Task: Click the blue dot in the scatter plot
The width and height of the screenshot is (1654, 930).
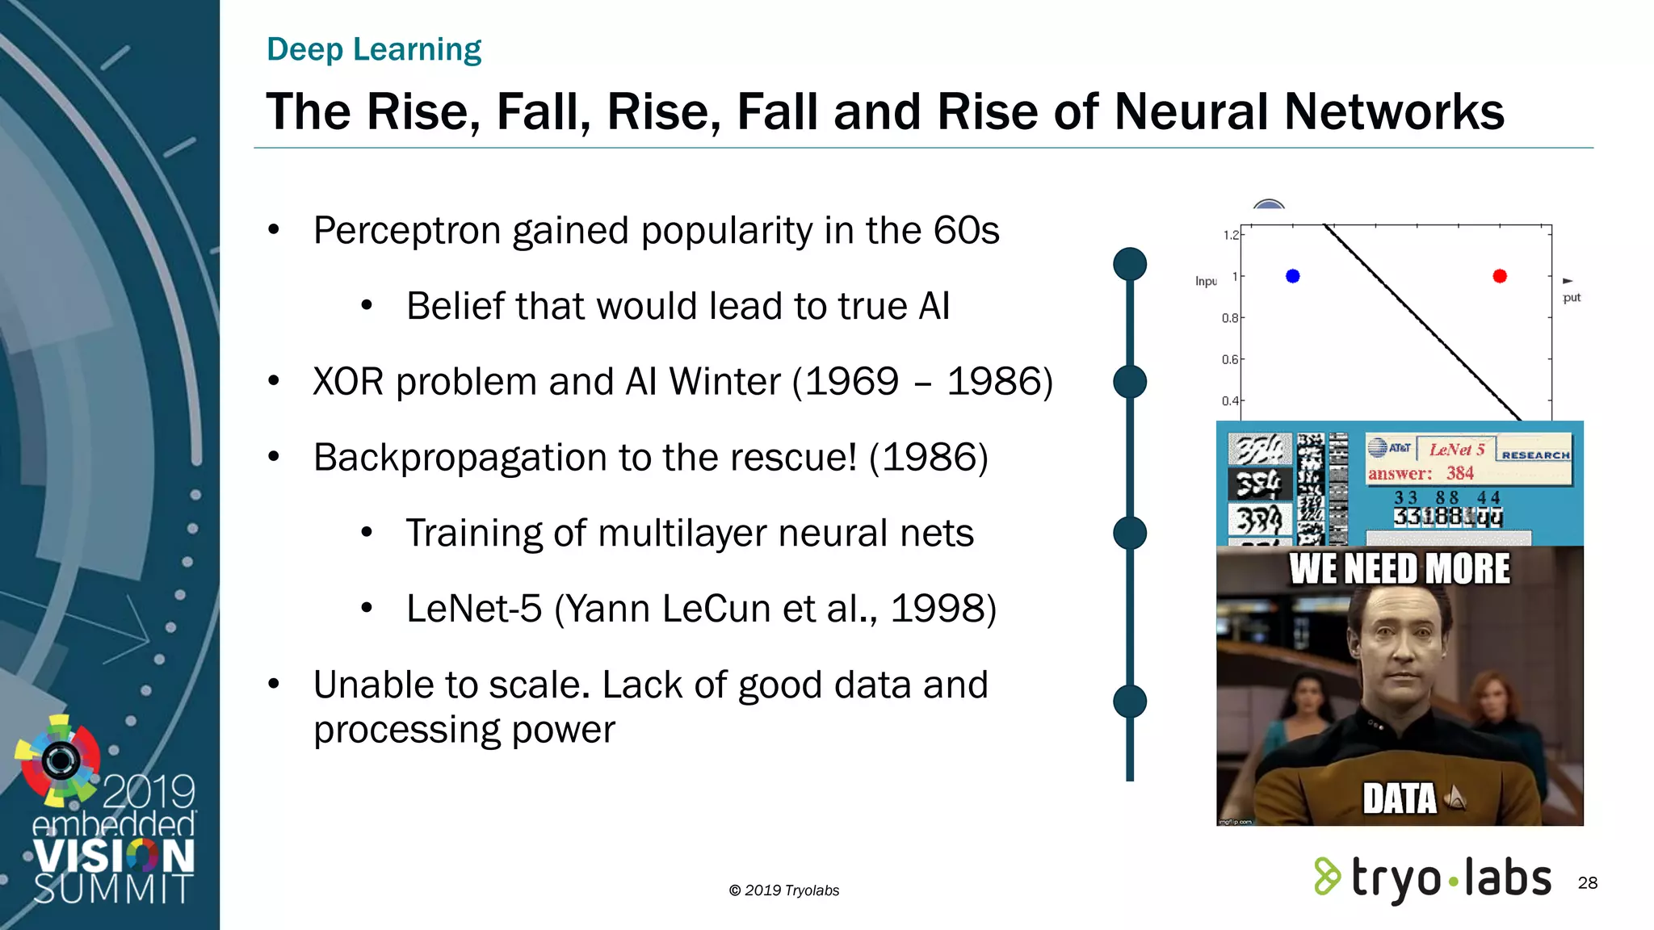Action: pos(1292,276)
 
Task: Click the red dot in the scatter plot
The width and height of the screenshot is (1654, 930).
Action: pos(1500,276)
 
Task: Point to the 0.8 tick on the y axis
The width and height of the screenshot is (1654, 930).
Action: pos(1230,318)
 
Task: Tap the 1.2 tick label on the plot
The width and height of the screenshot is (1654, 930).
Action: pos(1230,235)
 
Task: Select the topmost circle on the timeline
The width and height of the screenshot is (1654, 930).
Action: pos(1130,264)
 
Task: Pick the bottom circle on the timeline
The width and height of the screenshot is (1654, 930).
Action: pos(1130,701)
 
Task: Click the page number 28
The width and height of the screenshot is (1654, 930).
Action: pos(1587,882)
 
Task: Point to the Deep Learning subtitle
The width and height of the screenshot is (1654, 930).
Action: pos(374,49)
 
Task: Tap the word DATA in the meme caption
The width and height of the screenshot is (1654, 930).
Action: pos(1400,798)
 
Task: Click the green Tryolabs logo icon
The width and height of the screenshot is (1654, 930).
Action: pos(1327,877)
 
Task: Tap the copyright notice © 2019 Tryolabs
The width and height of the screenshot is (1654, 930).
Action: pos(783,890)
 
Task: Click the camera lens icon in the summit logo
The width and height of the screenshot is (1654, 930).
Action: pos(61,760)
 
